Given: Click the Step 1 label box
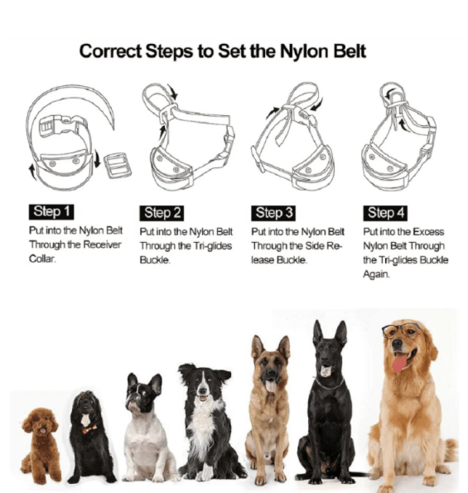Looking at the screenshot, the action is pyautogui.click(x=51, y=211).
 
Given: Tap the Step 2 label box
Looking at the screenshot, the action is pyautogui.click(x=162, y=213).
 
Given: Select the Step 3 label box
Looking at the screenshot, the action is pyautogui.click(x=273, y=213).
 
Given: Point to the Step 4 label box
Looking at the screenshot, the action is pyautogui.click(x=385, y=213).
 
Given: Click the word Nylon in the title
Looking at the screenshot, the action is pyautogui.click(x=303, y=51).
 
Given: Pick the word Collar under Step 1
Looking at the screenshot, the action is pyautogui.click(x=42, y=259).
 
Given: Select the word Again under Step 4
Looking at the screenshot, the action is pyautogui.click(x=376, y=274).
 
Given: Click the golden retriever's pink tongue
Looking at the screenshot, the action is pyautogui.click(x=399, y=363).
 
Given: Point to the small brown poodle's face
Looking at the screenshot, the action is pyautogui.click(x=41, y=423).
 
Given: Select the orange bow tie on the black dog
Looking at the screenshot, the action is pyautogui.click(x=89, y=429).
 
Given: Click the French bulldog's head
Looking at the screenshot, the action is pyautogui.click(x=143, y=393).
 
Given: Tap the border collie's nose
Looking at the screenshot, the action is pyautogui.click(x=202, y=391).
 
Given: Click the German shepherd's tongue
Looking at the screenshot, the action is pyautogui.click(x=270, y=386).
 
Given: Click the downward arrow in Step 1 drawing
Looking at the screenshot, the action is pyautogui.click(x=97, y=159).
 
